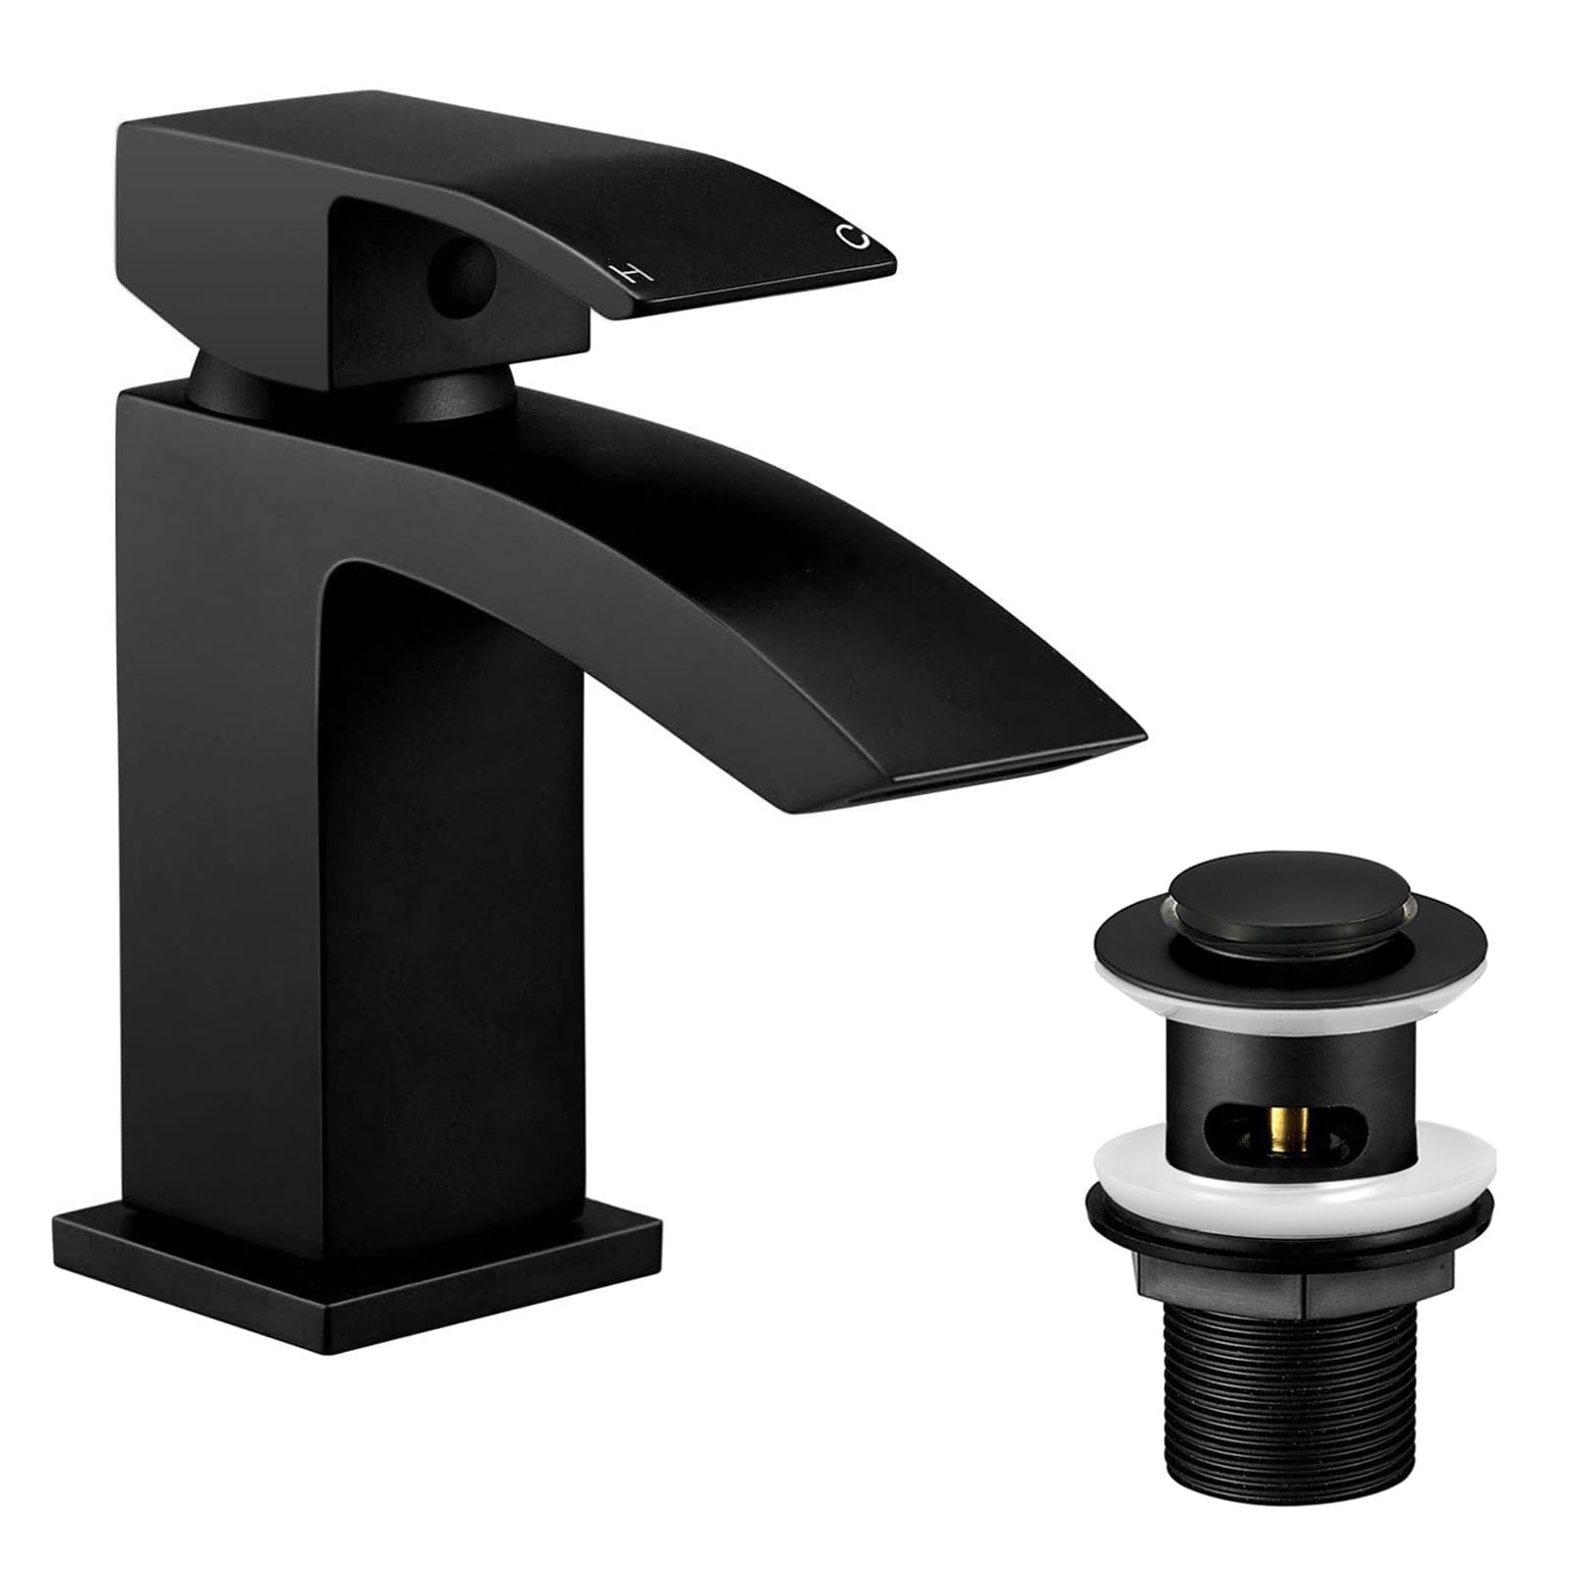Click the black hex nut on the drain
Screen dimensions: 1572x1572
(x=1290, y=1277)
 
